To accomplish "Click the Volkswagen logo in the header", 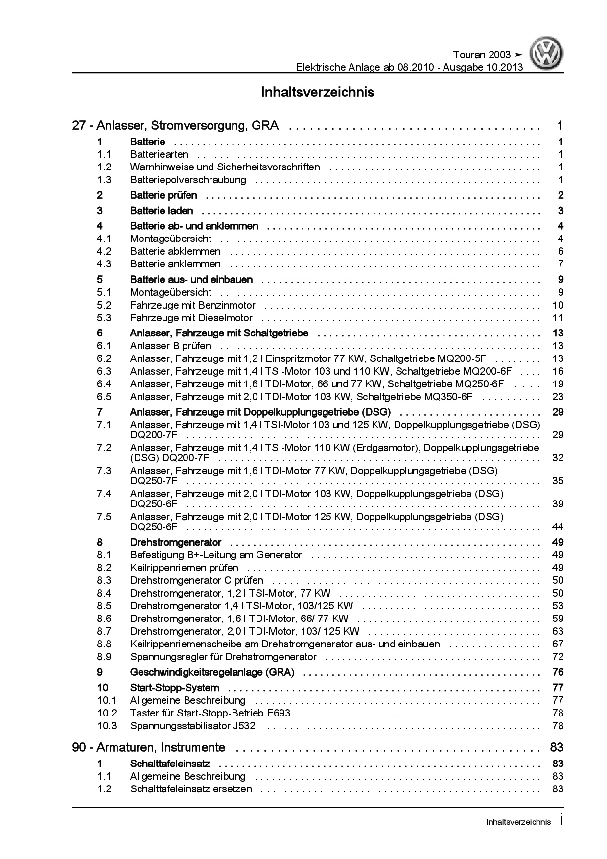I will coord(548,55).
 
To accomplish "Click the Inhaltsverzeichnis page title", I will coord(318,92).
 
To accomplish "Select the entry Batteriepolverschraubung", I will coord(188,180).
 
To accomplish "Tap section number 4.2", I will coord(104,251).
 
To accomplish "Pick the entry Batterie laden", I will coord(162,211).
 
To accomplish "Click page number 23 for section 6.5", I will coord(558,397).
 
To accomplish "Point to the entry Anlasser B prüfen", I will coord(171,346).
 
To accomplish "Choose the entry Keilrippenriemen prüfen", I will coord(184,568).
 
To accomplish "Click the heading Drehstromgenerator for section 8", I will coord(176,542).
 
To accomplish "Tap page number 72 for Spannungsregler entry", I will coord(558,657).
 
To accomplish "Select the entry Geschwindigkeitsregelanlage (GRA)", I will coord(212,672).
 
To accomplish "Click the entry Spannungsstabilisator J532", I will coord(193,726).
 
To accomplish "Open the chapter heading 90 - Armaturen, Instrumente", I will coord(149,747).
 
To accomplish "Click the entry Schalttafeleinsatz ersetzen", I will coord(191,789).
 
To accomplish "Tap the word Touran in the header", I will coord(469,55).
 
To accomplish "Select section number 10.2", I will coord(107,713).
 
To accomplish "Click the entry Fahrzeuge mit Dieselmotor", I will coord(191,318).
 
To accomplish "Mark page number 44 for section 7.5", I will coord(558,527).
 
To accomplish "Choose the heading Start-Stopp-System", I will coord(174,688).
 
